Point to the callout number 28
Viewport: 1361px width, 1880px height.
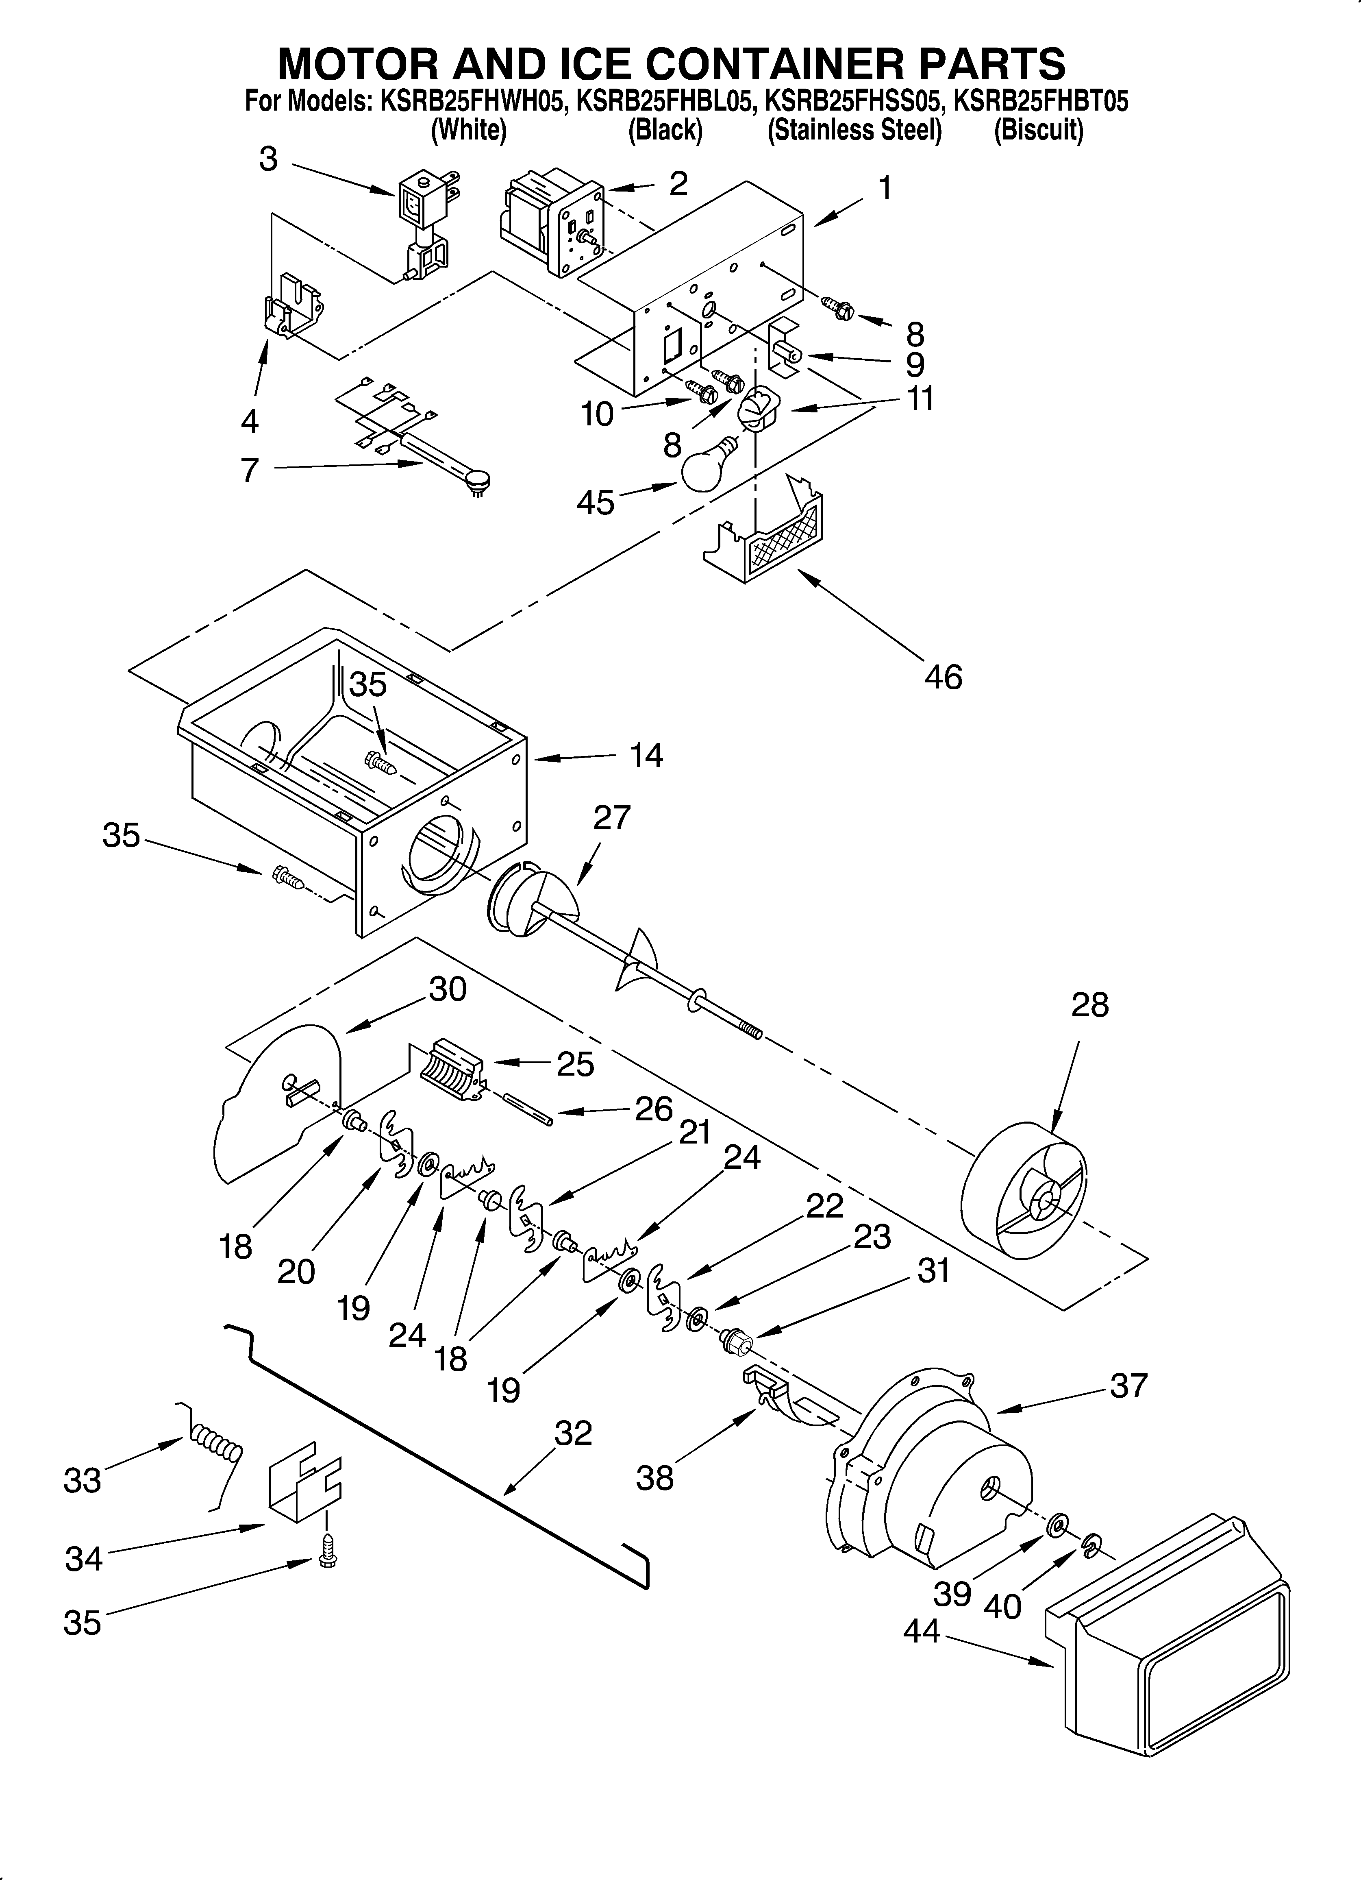(x=1089, y=1004)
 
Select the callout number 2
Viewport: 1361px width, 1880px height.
(x=678, y=183)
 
